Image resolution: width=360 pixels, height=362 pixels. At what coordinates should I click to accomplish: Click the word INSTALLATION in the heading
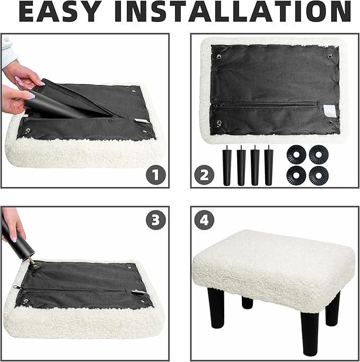[x=233, y=11]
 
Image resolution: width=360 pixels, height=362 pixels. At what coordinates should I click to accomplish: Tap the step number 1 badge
[x=156, y=175]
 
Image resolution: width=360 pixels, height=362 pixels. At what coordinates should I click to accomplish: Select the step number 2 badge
[x=204, y=175]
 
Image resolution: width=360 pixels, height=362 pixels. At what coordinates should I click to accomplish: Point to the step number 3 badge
[x=156, y=219]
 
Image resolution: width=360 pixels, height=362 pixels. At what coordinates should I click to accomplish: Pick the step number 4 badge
[x=204, y=219]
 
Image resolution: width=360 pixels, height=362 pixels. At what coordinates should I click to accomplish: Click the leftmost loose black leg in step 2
[x=227, y=165]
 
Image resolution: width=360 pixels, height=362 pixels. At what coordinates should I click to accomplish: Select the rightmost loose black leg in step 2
[x=269, y=165]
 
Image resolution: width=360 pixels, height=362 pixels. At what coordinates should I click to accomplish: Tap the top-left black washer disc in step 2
[x=296, y=155]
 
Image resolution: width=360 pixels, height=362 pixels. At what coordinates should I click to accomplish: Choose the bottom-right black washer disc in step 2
[x=319, y=175]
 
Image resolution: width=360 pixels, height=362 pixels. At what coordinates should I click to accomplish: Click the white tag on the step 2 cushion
[x=328, y=110]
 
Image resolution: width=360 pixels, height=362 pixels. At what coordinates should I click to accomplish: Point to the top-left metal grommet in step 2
[x=219, y=56]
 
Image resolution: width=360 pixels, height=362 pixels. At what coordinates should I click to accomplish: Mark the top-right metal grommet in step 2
[x=330, y=56]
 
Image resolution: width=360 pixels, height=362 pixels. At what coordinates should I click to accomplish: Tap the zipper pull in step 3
[x=16, y=287]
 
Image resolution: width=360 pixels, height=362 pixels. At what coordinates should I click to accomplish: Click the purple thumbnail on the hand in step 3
[x=14, y=239]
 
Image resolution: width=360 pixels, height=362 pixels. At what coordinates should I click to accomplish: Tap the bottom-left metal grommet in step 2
[x=219, y=122]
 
